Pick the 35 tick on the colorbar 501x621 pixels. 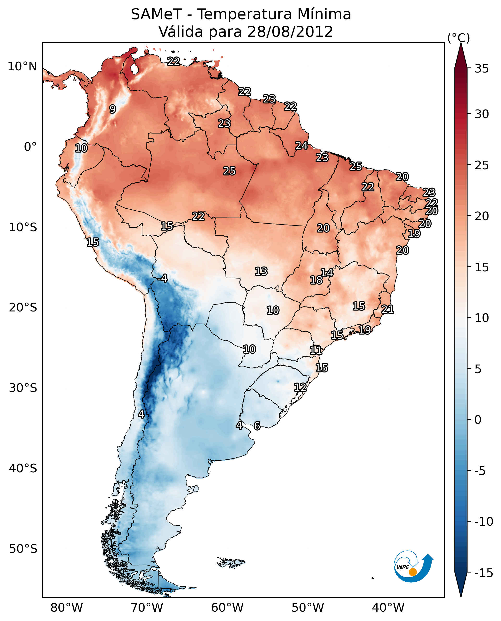482,68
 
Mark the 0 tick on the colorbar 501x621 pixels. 478,420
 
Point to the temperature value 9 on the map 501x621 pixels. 113,109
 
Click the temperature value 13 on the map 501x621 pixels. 261,271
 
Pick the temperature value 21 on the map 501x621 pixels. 388,309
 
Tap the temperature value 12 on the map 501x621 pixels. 300,387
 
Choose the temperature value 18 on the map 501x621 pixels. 316,280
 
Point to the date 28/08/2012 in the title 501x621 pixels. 290,31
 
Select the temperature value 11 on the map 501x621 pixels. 316,350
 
